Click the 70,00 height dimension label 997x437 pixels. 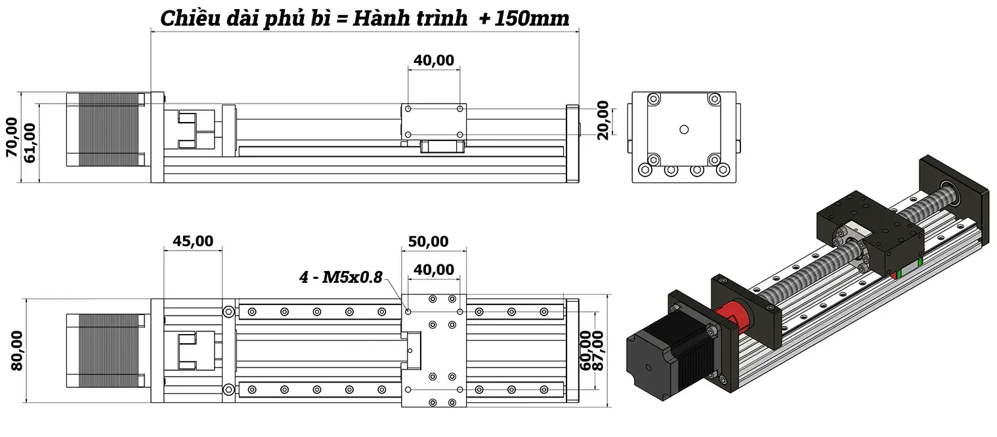[12, 137]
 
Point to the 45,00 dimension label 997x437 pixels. [192, 241]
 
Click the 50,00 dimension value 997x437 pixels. [428, 241]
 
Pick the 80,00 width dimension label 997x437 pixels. [16, 350]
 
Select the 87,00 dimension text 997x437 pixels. [597, 350]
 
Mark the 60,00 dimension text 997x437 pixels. [583, 350]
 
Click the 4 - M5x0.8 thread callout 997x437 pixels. [341, 277]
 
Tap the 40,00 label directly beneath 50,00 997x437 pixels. [434, 269]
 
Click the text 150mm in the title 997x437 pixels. [532, 18]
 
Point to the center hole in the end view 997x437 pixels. [683, 129]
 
